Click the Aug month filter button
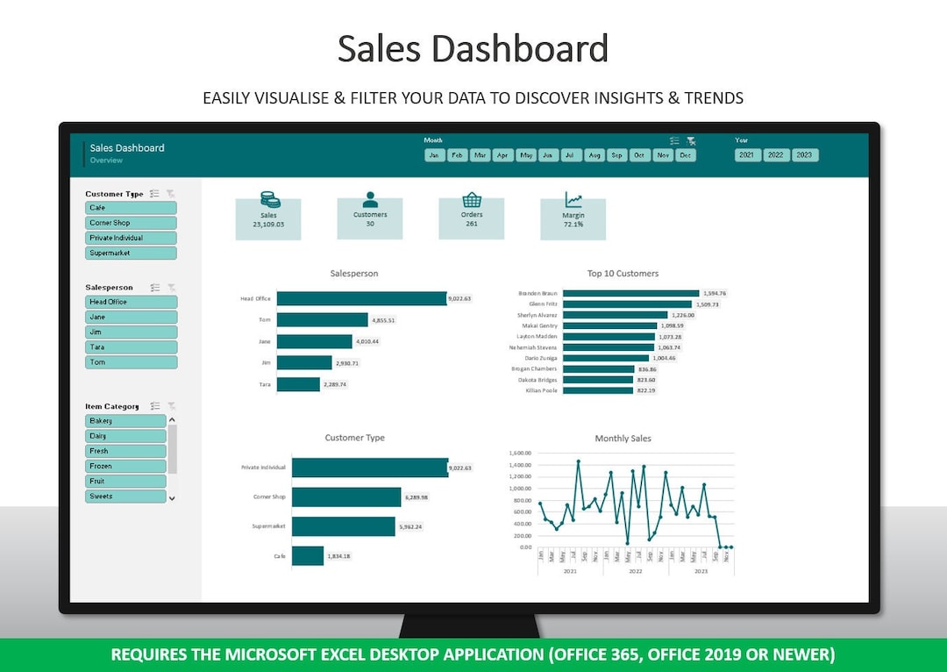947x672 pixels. point(595,155)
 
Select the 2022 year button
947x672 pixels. point(775,155)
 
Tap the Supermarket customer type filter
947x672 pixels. point(132,253)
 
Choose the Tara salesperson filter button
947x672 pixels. point(132,347)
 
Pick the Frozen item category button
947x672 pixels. point(126,466)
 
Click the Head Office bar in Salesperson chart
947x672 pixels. point(361,298)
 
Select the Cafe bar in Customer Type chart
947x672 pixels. point(308,556)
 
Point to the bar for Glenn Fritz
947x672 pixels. point(627,304)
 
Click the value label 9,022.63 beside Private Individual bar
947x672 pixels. point(460,468)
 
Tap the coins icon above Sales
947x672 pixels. point(269,200)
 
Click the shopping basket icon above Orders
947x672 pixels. point(472,200)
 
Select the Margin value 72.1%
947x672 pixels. point(573,225)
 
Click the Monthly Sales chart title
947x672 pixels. point(623,439)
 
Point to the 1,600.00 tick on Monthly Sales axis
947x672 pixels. point(521,454)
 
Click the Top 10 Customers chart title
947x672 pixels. point(623,274)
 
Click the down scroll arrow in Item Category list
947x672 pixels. point(172,497)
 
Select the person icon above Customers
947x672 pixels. point(370,200)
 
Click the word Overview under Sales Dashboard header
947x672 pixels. point(106,161)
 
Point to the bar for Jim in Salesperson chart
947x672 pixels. point(304,362)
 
